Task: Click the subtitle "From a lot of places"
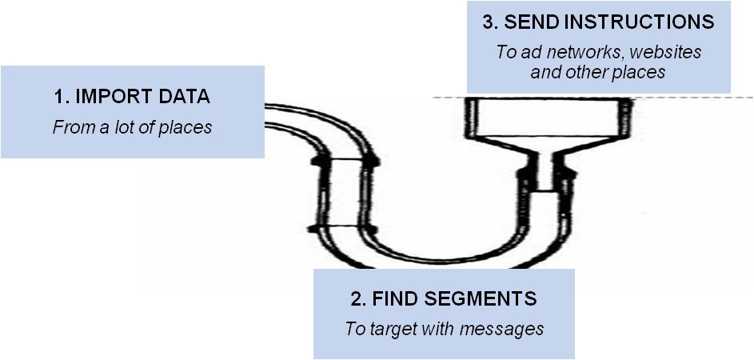[x=132, y=127]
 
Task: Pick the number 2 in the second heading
[x=356, y=299]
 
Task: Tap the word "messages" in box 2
[x=510, y=329]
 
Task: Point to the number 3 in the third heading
[x=489, y=22]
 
